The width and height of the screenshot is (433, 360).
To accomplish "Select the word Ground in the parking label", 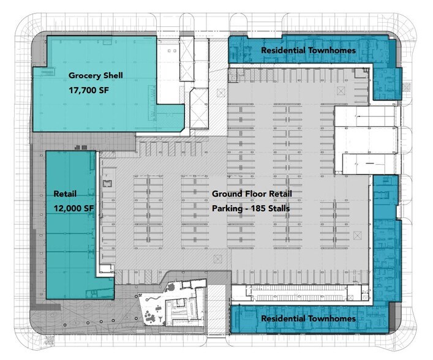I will [x=227, y=193].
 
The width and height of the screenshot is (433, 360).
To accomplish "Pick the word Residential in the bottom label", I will [x=282, y=319].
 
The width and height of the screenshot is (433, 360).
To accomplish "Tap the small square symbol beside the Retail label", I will [x=107, y=183].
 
